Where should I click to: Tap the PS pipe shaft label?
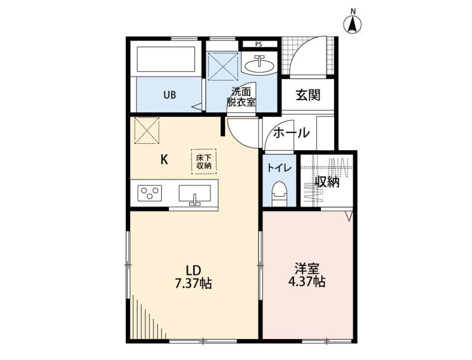(x=258, y=44)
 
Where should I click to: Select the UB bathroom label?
(x=170, y=95)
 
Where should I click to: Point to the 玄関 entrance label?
(x=308, y=95)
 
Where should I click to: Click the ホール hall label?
(x=291, y=133)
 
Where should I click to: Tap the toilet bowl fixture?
(x=279, y=194)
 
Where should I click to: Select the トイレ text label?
(x=279, y=167)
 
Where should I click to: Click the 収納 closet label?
(x=327, y=182)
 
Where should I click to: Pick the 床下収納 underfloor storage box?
(x=204, y=162)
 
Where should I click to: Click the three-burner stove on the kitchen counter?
(x=150, y=193)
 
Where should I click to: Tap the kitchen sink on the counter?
(x=195, y=194)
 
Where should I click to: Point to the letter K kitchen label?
(x=164, y=160)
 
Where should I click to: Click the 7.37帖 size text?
(x=193, y=283)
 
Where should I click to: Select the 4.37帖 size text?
(x=307, y=281)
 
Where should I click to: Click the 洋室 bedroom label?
(x=307, y=268)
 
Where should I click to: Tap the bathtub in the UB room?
(x=166, y=59)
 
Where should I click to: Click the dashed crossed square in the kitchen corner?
(x=147, y=130)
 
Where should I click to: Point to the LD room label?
(x=193, y=270)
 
